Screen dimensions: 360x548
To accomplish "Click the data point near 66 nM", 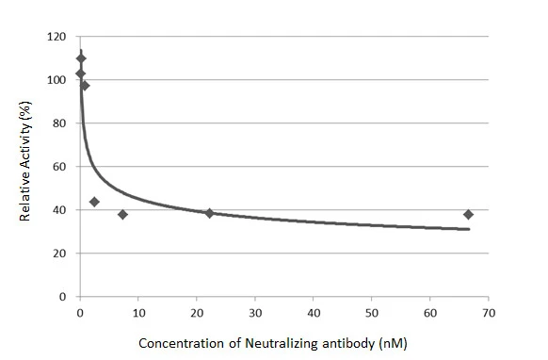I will pos(468,215).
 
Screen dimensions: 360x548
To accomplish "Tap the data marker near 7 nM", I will pos(122,215).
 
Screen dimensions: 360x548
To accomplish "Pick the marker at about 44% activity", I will pos(94,202).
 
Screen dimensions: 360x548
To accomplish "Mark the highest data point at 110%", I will pos(81,58).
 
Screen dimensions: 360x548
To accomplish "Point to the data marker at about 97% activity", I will pos(85,86).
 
